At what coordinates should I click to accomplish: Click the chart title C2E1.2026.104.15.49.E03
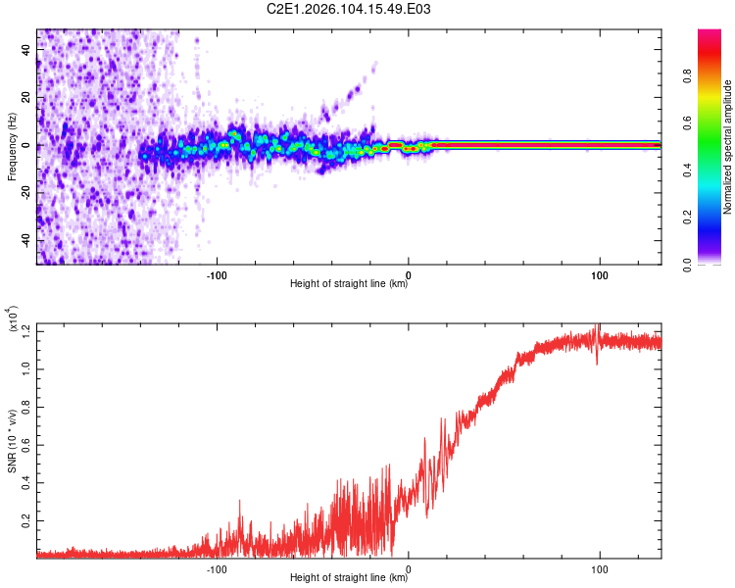click(349, 9)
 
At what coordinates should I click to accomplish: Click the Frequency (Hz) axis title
click(12, 147)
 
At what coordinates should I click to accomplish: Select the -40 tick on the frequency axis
click(26, 240)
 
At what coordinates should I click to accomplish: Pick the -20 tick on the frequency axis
click(26, 193)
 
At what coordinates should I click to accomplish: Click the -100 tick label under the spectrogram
click(217, 273)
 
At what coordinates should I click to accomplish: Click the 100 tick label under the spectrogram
click(600, 273)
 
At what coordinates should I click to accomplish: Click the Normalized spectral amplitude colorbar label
click(728, 147)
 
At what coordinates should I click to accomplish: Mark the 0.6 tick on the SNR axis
click(26, 444)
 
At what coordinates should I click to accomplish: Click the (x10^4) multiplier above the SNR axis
click(14, 321)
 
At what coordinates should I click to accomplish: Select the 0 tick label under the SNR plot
click(409, 567)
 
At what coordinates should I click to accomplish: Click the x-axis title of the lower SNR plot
click(349, 578)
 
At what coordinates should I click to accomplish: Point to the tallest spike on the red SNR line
click(598, 327)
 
